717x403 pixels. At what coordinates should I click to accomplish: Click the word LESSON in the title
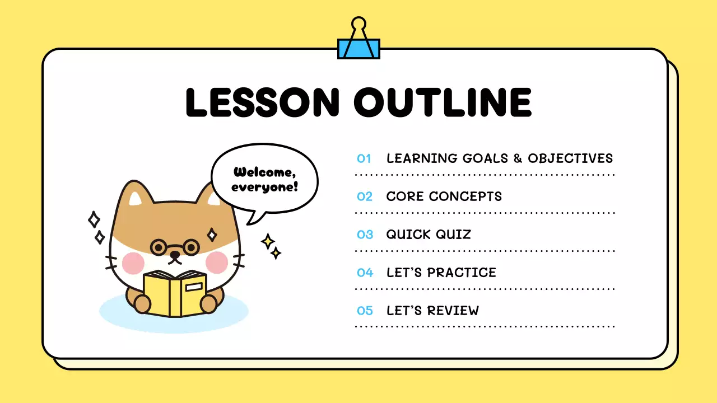[262, 102]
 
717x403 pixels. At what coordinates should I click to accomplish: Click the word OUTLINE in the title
[443, 102]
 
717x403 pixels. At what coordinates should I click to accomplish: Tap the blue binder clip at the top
[358, 48]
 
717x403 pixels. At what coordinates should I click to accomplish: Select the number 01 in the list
[364, 158]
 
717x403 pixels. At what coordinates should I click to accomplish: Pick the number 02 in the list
[365, 196]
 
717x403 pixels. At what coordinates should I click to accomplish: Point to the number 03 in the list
[365, 235]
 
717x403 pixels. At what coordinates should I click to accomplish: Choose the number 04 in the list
[365, 273]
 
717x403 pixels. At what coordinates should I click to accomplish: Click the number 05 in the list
[365, 311]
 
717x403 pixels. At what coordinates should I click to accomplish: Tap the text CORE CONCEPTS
[444, 196]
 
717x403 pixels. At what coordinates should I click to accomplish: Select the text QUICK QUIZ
[429, 235]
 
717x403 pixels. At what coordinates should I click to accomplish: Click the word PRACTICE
[462, 273]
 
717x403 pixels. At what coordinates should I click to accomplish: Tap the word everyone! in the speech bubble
[264, 187]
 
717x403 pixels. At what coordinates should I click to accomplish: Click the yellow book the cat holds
[175, 293]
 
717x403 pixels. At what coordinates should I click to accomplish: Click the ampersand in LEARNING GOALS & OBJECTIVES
[518, 158]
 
